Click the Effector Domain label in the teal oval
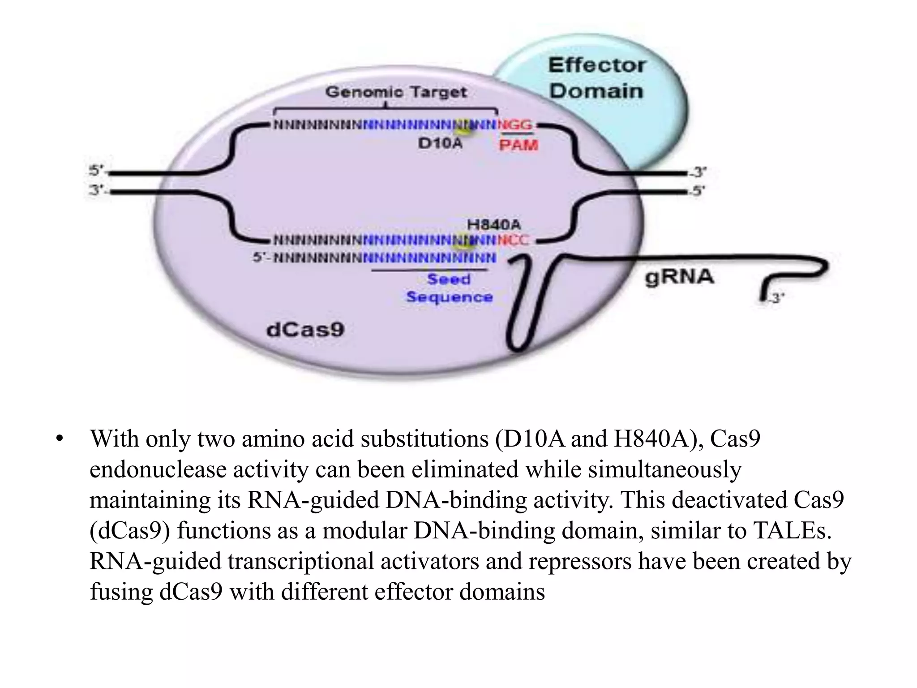(596, 78)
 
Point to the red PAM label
(518, 145)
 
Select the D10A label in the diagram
(440, 144)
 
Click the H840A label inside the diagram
(494, 224)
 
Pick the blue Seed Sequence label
(449, 288)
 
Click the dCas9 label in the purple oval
(305, 330)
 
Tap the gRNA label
(679, 277)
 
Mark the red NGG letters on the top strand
(515, 125)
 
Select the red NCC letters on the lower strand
(513, 241)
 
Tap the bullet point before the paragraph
(59, 439)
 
